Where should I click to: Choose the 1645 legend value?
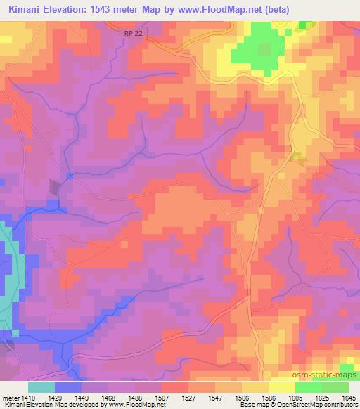349,396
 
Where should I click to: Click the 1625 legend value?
321,396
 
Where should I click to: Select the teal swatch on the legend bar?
41,387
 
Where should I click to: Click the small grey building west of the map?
54,186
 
